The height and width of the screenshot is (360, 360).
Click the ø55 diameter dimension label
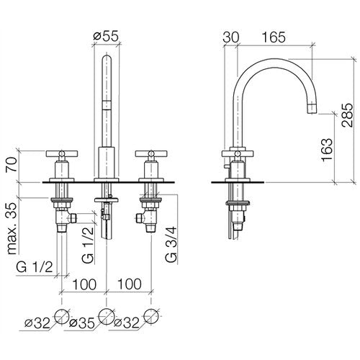[x=106, y=37]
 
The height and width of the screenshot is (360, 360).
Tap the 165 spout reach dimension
[x=274, y=37]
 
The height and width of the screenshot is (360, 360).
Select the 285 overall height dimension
[x=348, y=115]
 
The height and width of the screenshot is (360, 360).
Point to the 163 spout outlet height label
[x=328, y=150]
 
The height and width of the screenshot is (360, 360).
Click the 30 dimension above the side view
[x=231, y=37]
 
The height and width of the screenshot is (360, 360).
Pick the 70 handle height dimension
[x=12, y=164]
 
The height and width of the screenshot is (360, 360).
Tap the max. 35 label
[x=12, y=228]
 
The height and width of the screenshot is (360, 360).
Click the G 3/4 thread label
[x=171, y=244]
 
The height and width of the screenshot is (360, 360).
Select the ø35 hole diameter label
[x=82, y=323]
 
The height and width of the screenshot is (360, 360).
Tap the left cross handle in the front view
[x=62, y=153]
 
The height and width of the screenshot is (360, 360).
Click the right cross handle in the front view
[x=151, y=153]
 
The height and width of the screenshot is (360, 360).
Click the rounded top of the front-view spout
[x=107, y=58]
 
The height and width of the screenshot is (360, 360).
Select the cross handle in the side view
[x=238, y=153]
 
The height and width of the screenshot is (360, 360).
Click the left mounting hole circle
[x=62, y=317]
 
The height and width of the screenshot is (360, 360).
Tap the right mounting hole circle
[x=151, y=317]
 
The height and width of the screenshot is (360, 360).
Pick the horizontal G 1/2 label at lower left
[x=35, y=267]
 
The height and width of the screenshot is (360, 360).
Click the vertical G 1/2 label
[x=88, y=245]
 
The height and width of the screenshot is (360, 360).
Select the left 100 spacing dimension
[x=84, y=284]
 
